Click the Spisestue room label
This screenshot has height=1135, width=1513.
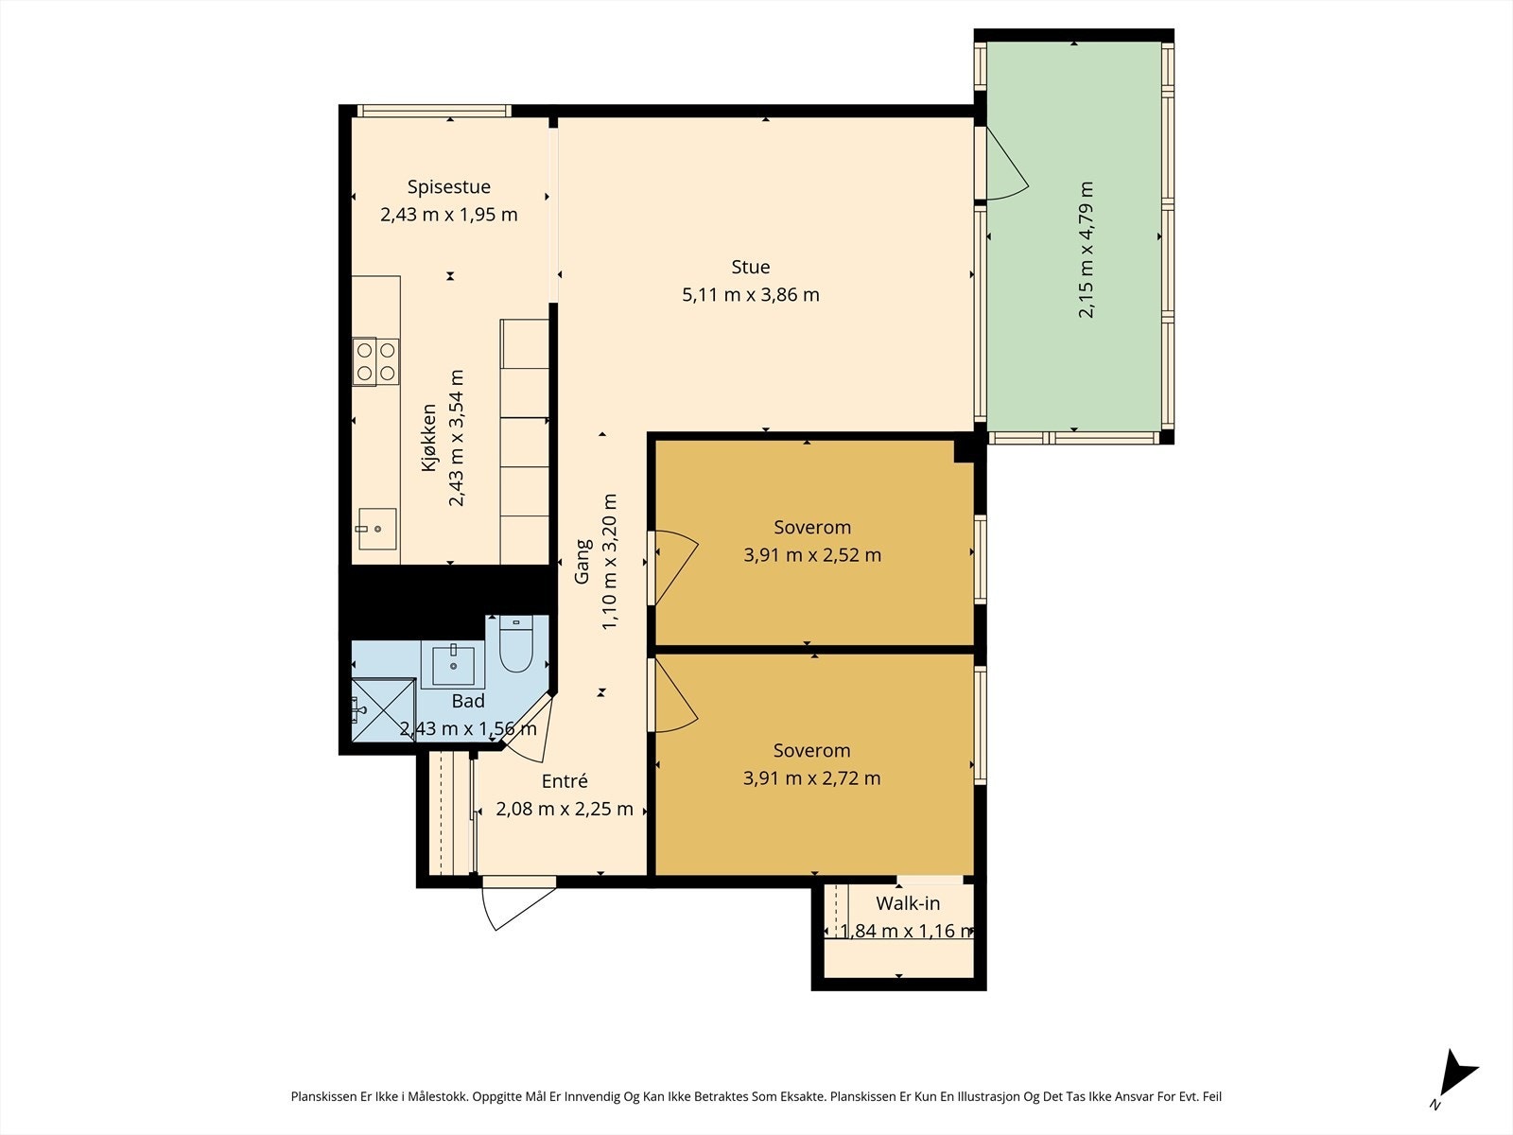pos(449,186)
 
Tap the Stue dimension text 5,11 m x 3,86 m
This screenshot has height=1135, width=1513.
pos(751,295)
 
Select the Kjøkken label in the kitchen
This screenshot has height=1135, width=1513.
pos(428,438)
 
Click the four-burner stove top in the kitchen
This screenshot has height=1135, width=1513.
pos(375,361)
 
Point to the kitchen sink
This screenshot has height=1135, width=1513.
pos(377,529)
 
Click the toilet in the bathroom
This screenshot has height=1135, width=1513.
pos(515,644)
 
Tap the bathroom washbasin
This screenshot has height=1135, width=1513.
pos(453,666)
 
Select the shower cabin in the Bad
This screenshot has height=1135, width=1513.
pos(383,709)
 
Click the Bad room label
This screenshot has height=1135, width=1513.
pos(468,702)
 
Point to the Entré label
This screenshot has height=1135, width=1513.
pos(565,781)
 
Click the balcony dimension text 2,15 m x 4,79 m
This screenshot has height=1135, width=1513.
pos(1086,250)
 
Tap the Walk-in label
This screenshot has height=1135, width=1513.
pos(908,902)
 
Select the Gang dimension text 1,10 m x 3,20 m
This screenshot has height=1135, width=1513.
pos(609,562)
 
